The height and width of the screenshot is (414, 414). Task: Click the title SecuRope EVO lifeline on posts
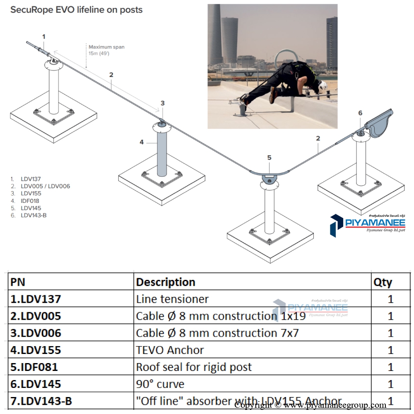pos(76,10)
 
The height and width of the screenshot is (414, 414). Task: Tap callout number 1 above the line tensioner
pos(43,36)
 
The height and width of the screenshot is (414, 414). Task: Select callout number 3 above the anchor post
pos(163,103)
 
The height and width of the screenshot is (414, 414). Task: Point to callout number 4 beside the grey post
pos(142,142)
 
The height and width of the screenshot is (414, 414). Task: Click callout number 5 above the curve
pos(269,157)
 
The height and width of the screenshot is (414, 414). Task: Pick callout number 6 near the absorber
pos(360,113)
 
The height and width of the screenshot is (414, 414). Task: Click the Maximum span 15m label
pos(106,50)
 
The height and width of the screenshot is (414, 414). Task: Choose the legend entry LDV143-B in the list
pos(33,215)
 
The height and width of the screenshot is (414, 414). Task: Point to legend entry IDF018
pos(30,201)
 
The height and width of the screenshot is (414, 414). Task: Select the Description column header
pos(166,282)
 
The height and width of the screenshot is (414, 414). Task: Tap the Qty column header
pos(383,282)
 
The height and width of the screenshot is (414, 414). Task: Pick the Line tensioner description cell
pos(172,299)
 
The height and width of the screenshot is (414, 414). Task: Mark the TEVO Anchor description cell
pos(170,350)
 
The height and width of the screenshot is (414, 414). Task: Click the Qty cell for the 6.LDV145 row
pos(390,384)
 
